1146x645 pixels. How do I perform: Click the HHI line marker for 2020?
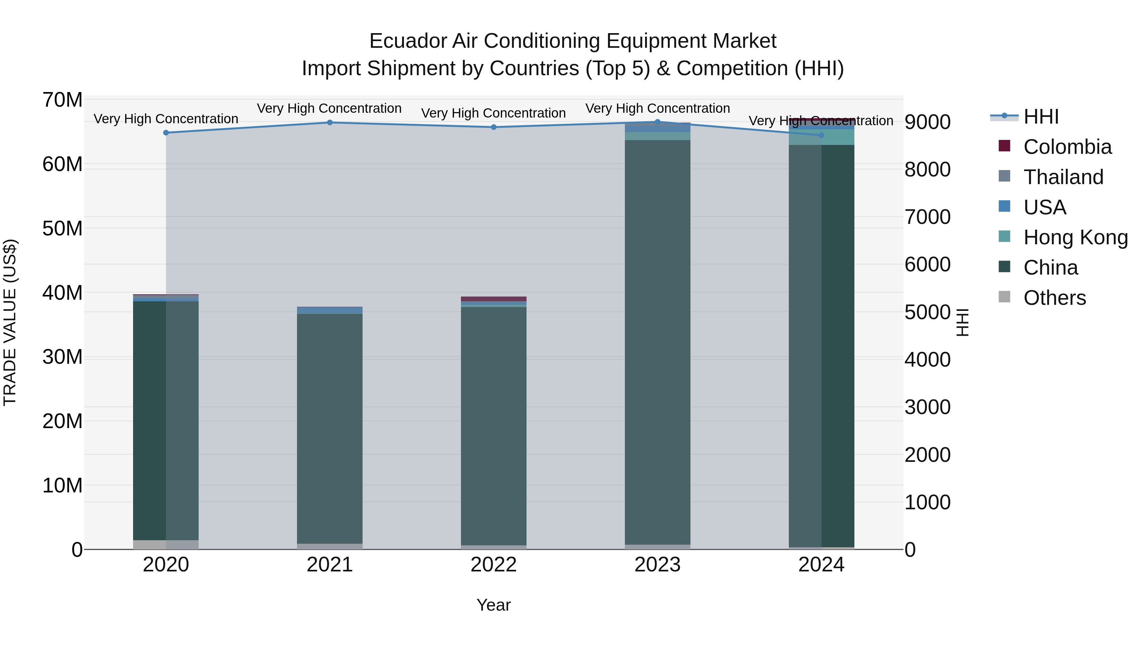[166, 133]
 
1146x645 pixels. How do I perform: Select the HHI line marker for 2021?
[330, 122]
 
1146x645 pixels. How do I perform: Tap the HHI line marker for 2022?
[493, 127]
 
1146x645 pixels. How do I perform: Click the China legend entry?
[1050, 268]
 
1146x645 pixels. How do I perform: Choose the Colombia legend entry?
[1067, 147]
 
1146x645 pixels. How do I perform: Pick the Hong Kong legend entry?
[1075, 238]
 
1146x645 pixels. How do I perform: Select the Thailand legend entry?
[1063, 177]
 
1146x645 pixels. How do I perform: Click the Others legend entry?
[1054, 298]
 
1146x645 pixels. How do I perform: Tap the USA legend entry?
[1044, 207]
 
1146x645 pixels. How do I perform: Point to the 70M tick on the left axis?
[62, 100]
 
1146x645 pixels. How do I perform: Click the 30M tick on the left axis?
[62, 357]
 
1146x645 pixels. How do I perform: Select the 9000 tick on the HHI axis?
[928, 122]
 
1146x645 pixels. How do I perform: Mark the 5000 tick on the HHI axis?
[928, 312]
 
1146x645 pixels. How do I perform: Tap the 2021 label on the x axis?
[330, 565]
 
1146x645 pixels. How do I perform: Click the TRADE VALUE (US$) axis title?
[10, 322]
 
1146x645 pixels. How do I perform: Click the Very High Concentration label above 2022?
[493, 113]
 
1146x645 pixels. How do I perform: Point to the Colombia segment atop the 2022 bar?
[493, 299]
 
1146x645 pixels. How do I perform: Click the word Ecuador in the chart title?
[407, 41]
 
